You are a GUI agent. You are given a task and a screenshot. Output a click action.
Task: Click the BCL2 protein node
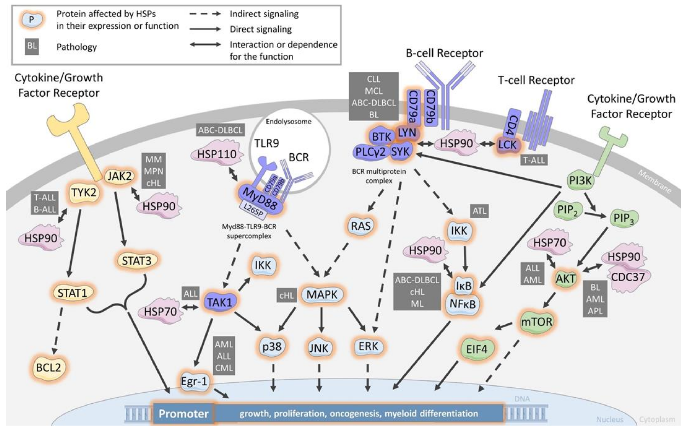click(x=49, y=368)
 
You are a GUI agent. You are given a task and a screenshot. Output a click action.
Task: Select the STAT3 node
click(x=137, y=260)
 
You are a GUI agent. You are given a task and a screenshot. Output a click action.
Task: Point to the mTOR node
click(x=536, y=322)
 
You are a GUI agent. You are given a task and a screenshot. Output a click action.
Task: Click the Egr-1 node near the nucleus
click(x=194, y=381)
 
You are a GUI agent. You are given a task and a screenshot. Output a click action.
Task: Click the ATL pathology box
click(x=479, y=211)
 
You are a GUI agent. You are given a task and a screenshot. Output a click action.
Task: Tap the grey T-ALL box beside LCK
click(x=534, y=160)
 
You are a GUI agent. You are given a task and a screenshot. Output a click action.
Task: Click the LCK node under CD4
click(x=507, y=145)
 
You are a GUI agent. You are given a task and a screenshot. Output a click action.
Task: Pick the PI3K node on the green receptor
click(x=580, y=181)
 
